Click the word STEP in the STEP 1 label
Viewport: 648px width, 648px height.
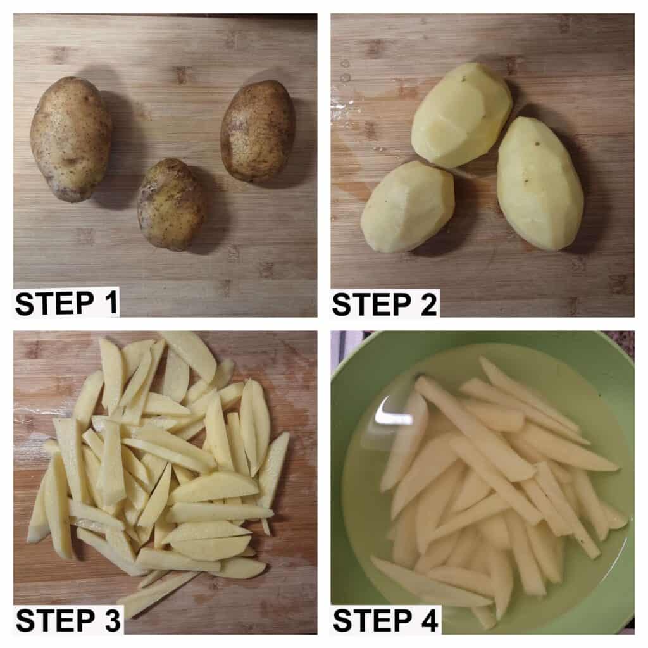tap(54, 304)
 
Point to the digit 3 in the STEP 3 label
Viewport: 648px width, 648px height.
tap(110, 620)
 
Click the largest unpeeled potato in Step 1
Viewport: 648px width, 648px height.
tap(71, 139)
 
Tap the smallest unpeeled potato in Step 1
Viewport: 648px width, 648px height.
tap(171, 204)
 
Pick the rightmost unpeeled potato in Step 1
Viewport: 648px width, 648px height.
tap(258, 130)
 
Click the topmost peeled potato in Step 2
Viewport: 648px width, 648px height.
tap(461, 115)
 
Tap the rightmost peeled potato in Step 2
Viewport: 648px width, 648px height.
tap(540, 184)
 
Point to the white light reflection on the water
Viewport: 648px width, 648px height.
tap(392, 414)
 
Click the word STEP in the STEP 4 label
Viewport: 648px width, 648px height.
tap(371, 620)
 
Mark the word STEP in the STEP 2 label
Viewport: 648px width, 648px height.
tap(371, 304)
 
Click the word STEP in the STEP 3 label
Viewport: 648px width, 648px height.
tap(54, 620)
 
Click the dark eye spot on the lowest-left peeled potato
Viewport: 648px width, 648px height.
tap(386, 201)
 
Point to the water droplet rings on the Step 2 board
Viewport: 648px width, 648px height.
tap(345, 71)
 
